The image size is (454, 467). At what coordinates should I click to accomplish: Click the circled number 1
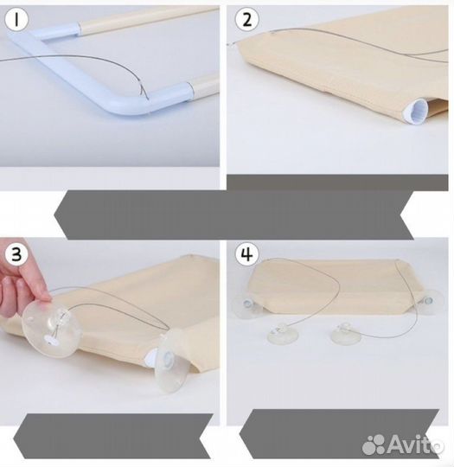click(16, 20)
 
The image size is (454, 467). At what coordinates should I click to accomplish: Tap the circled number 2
click(247, 20)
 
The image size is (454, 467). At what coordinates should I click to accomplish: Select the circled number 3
click(16, 254)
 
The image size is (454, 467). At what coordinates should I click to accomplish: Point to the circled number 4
click(247, 254)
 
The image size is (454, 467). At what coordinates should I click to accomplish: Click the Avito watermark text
click(416, 444)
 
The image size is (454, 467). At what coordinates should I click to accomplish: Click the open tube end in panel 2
click(416, 112)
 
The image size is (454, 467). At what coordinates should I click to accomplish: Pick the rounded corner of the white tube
click(125, 107)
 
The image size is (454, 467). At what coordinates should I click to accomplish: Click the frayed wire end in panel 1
click(144, 89)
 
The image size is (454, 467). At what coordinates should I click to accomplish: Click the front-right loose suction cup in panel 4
click(346, 333)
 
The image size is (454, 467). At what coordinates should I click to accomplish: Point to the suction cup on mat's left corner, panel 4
click(246, 305)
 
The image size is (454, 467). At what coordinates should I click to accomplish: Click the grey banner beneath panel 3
click(113, 436)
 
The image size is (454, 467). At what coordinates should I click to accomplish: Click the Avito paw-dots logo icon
click(374, 445)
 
